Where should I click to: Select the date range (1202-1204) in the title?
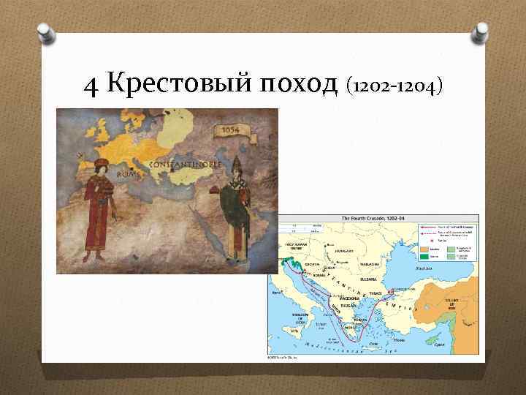[395, 87]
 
